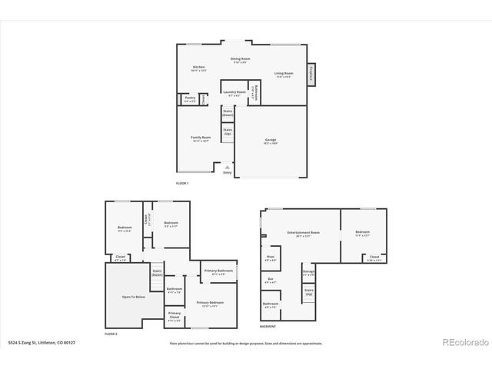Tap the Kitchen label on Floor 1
[x=198, y=68]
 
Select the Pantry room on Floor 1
[x=189, y=99]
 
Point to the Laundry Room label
[x=235, y=92]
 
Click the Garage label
[x=271, y=141]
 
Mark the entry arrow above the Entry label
[x=227, y=165]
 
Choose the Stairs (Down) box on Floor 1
[x=228, y=113]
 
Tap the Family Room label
[x=201, y=139]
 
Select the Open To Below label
[x=134, y=295]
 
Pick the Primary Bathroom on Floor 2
[x=219, y=271]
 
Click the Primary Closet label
[x=175, y=315]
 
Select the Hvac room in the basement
[x=271, y=258]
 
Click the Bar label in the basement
[x=270, y=280]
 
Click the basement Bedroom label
[x=362, y=232]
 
